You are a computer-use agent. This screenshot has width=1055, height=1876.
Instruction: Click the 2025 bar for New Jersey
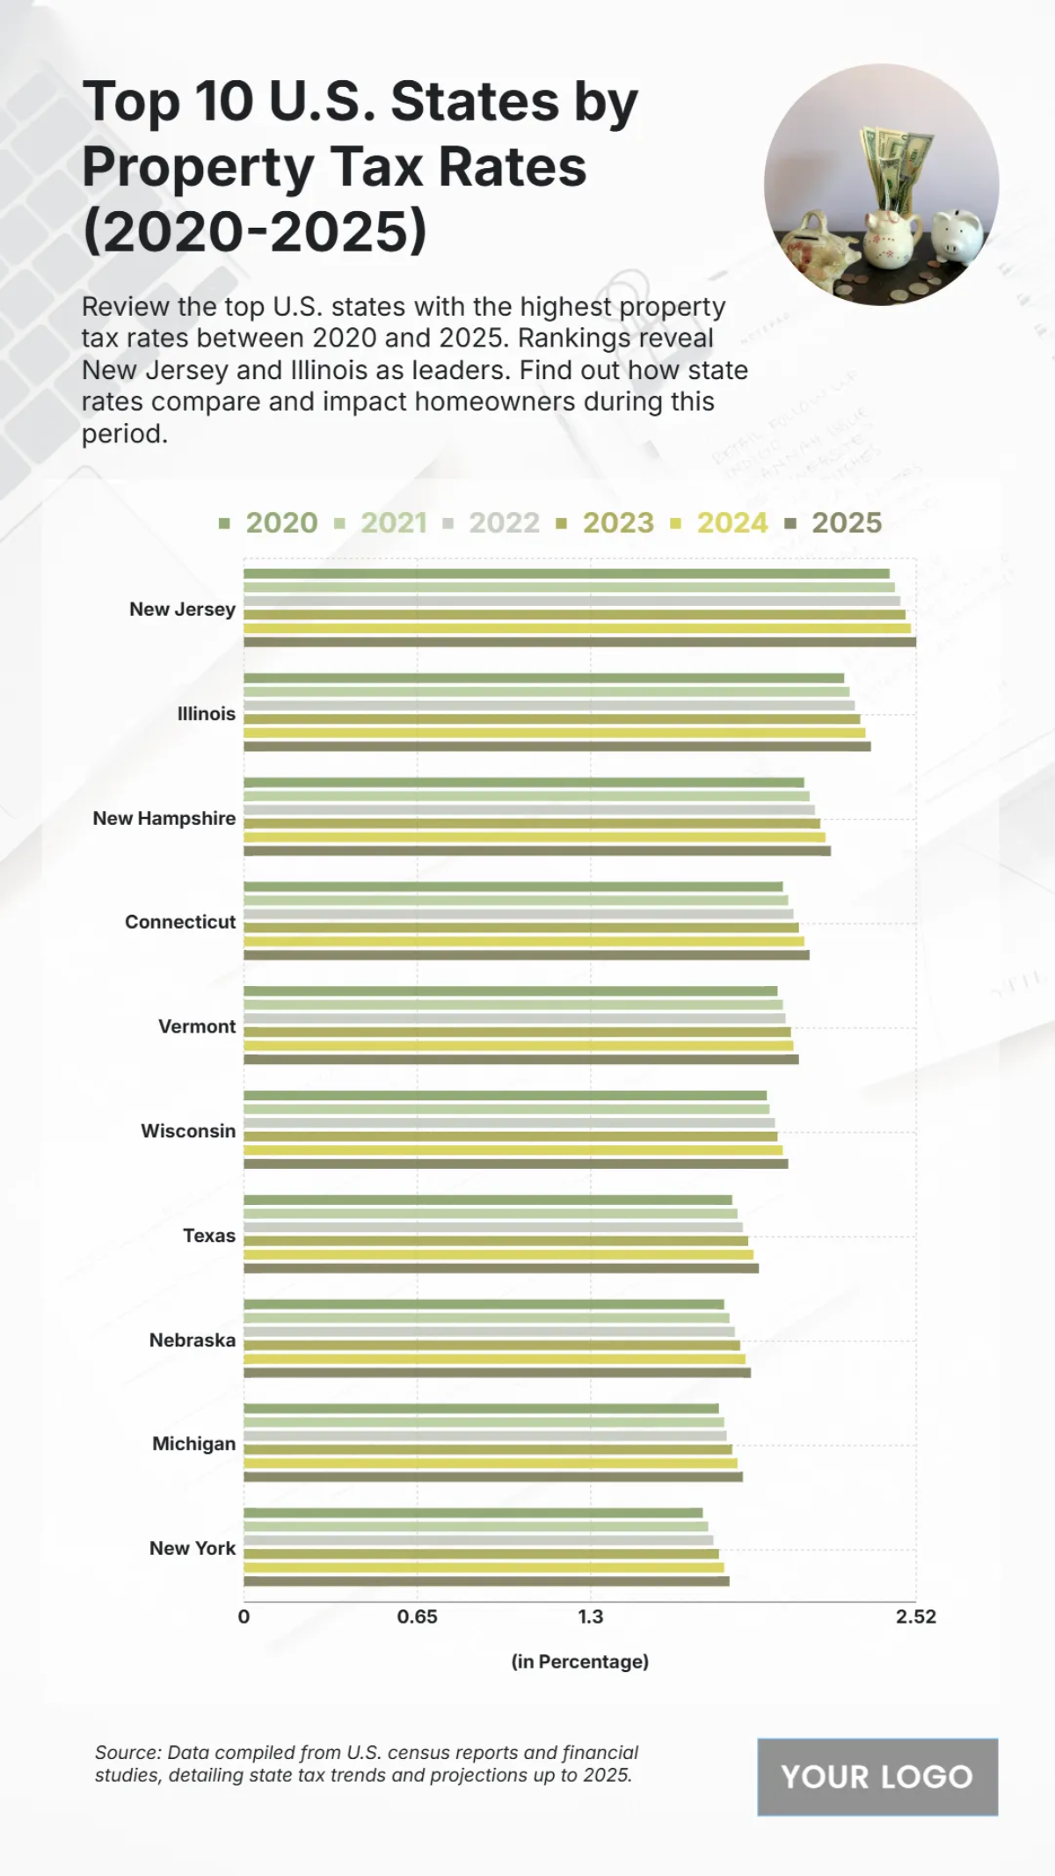pos(579,642)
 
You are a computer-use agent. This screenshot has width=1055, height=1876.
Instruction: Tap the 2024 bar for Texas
pos(498,1254)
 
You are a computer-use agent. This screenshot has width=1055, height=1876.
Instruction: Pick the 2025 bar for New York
pos(486,1580)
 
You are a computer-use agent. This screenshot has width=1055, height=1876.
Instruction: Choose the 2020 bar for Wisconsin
pos(505,1095)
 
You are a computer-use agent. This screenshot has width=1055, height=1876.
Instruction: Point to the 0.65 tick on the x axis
pos(417,1617)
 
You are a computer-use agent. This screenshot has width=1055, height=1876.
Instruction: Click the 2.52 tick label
pos(916,1617)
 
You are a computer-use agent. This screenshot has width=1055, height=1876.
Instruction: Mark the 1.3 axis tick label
pos(591,1617)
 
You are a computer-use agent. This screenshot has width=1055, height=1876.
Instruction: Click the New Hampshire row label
pos(164,818)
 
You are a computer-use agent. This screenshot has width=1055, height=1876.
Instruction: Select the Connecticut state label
pos(180,922)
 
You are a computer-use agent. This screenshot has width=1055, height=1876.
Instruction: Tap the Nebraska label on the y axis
pos(193,1339)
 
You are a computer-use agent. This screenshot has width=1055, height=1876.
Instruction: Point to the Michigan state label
pos(194,1443)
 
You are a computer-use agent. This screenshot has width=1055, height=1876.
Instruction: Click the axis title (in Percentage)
pos(580,1661)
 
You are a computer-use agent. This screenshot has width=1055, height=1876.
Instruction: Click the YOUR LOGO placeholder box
pos(877,1777)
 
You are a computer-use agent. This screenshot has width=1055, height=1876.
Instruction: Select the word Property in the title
pos(198,167)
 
